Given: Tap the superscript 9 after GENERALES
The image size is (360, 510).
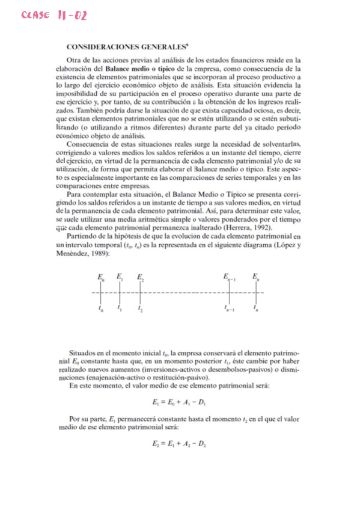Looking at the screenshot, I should [x=187, y=44].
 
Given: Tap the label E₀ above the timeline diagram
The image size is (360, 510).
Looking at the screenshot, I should [x=100, y=277].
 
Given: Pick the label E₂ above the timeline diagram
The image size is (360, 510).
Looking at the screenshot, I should [x=140, y=277].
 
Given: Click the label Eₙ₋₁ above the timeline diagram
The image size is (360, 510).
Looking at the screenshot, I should [x=230, y=277].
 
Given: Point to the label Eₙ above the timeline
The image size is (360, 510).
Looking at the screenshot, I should [x=256, y=277].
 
